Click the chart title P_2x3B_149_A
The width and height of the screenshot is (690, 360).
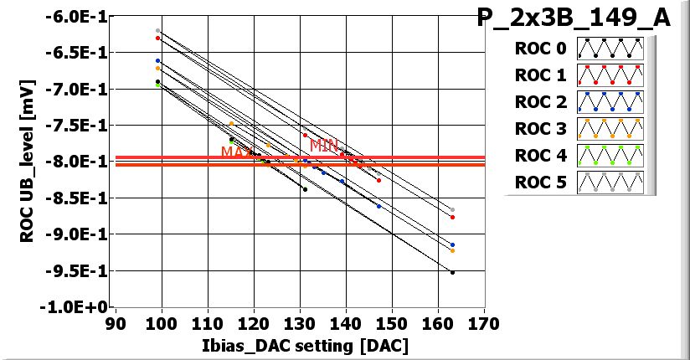click(574, 18)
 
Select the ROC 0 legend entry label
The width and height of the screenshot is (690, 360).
click(540, 49)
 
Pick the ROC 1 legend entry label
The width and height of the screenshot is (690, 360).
click(540, 75)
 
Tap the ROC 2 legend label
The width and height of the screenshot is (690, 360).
click(540, 102)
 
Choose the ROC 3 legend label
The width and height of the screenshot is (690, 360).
click(540, 129)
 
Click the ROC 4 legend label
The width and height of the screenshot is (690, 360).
click(540, 156)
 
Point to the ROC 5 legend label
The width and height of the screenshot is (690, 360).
click(540, 183)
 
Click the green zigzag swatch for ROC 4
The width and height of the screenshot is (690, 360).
click(611, 156)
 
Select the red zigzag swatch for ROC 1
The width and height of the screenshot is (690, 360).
click(611, 75)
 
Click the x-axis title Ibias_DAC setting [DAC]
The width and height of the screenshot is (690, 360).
click(298, 346)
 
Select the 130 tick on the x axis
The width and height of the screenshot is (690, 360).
click(300, 323)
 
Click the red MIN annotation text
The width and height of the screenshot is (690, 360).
click(324, 145)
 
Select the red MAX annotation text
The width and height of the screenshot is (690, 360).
click(236, 152)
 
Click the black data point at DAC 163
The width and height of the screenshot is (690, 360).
click(452, 272)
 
